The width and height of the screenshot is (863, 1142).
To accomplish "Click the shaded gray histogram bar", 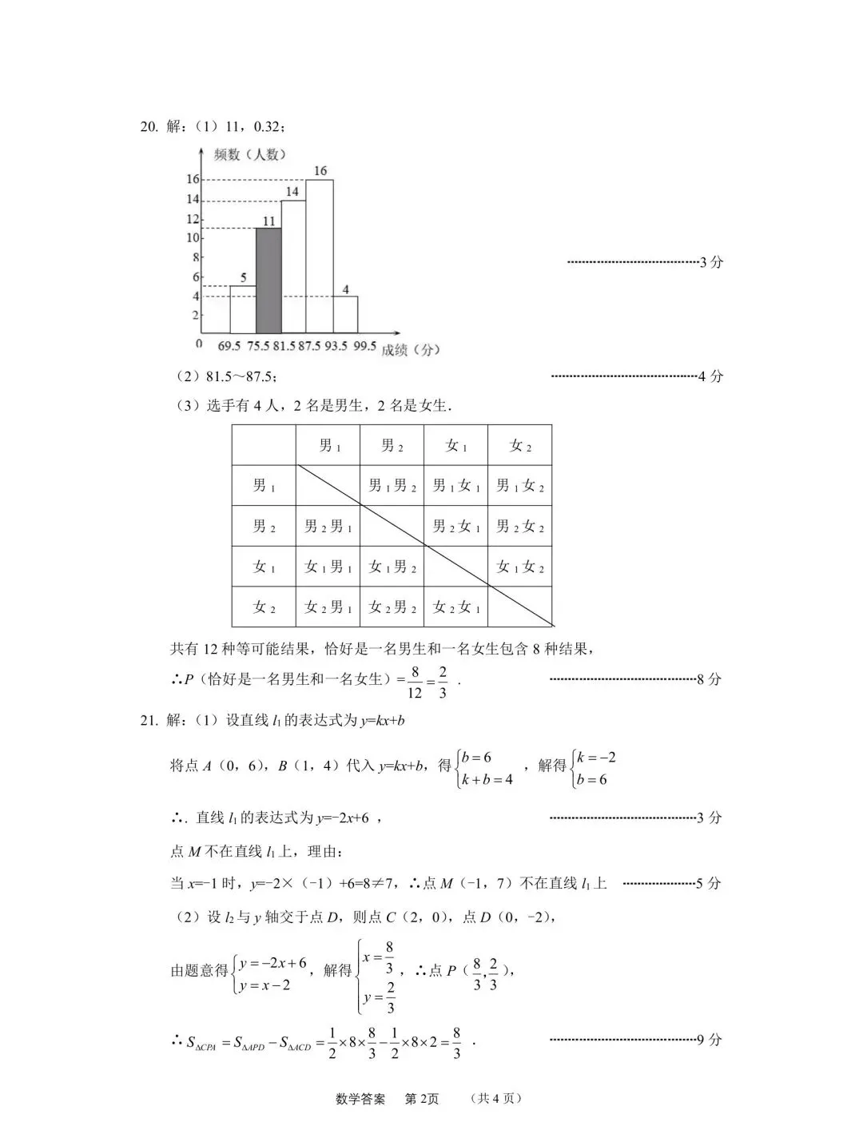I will pos(268,281).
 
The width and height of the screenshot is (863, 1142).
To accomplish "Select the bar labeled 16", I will pos(320,256).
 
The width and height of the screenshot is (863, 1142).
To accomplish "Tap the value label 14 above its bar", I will pos(292,192).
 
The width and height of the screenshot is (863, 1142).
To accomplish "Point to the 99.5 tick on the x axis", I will pos(364,346).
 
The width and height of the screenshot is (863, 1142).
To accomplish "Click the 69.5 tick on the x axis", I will pos(229,346).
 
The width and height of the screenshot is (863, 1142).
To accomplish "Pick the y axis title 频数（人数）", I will pos(249,155).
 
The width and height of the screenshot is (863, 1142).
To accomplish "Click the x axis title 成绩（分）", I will pos(411,349).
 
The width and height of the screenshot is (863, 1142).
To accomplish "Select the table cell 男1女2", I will pos(519,485).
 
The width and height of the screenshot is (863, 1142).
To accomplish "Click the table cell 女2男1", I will pos(328,607).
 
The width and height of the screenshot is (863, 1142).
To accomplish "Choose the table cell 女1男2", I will pos(392,567).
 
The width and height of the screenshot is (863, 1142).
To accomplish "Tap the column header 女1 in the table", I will pos(455,446).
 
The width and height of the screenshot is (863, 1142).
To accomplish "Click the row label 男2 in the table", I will pos(264,526).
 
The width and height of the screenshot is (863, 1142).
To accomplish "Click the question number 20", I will pos(149,126).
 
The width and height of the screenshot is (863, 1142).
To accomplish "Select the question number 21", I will pos(149,720).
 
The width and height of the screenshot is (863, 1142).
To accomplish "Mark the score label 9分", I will pos(709,1040).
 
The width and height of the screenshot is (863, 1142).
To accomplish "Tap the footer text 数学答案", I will pos(360,1099).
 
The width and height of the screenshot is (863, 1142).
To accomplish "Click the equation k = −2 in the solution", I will pos(596,758).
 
